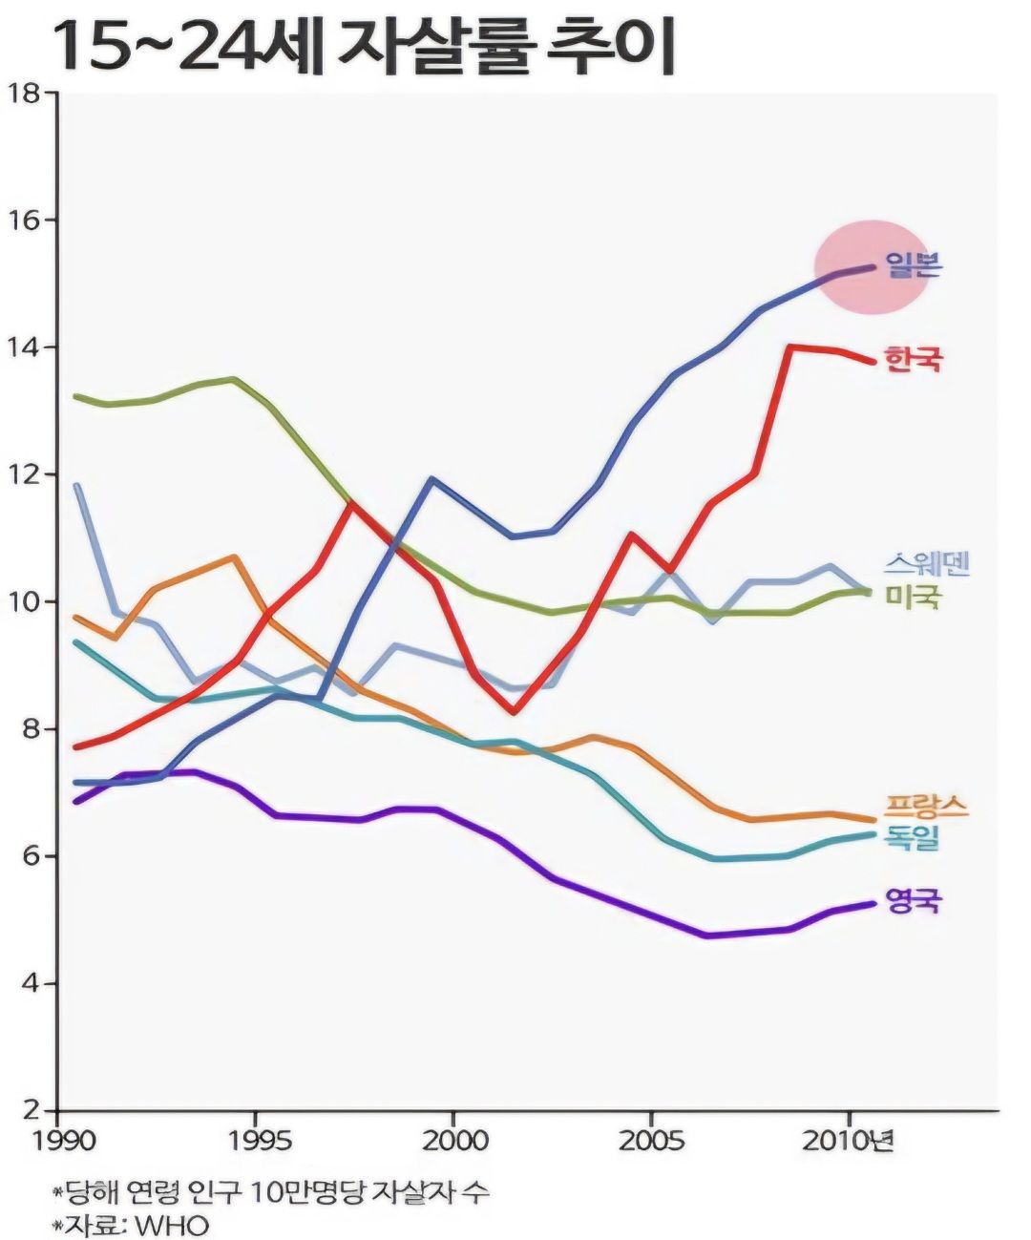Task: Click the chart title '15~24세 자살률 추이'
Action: click(364, 45)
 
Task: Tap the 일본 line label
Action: click(913, 264)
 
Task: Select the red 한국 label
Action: click(913, 359)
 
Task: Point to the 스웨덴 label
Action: click(926, 563)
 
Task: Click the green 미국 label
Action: click(914, 597)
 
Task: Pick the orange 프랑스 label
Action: click(926, 806)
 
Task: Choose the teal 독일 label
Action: click(914, 837)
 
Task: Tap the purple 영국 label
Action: click(913, 899)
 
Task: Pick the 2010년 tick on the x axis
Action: click(849, 1140)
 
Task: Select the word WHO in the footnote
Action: click(172, 1225)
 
